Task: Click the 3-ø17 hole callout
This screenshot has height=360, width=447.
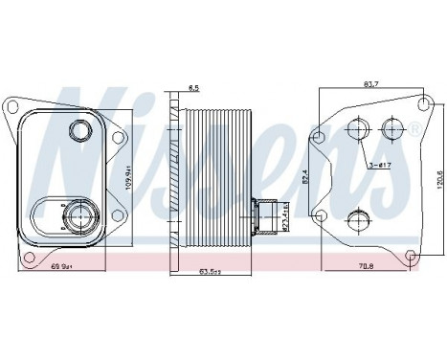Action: coord(380,166)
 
